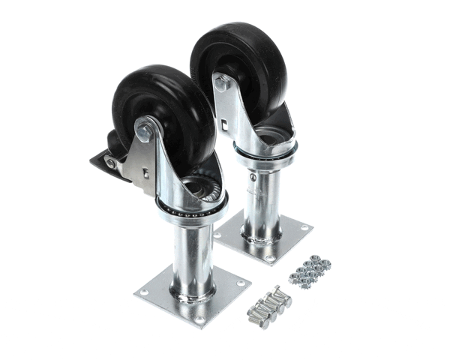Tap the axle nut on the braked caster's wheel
click(x=145, y=133)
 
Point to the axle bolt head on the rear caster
click(x=221, y=82)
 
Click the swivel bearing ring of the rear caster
click(x=264, y=150)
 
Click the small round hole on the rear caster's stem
click(x=253, y=178)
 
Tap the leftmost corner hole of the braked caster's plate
click(x=144, y=292)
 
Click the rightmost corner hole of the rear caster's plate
click(x=304, y=227)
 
